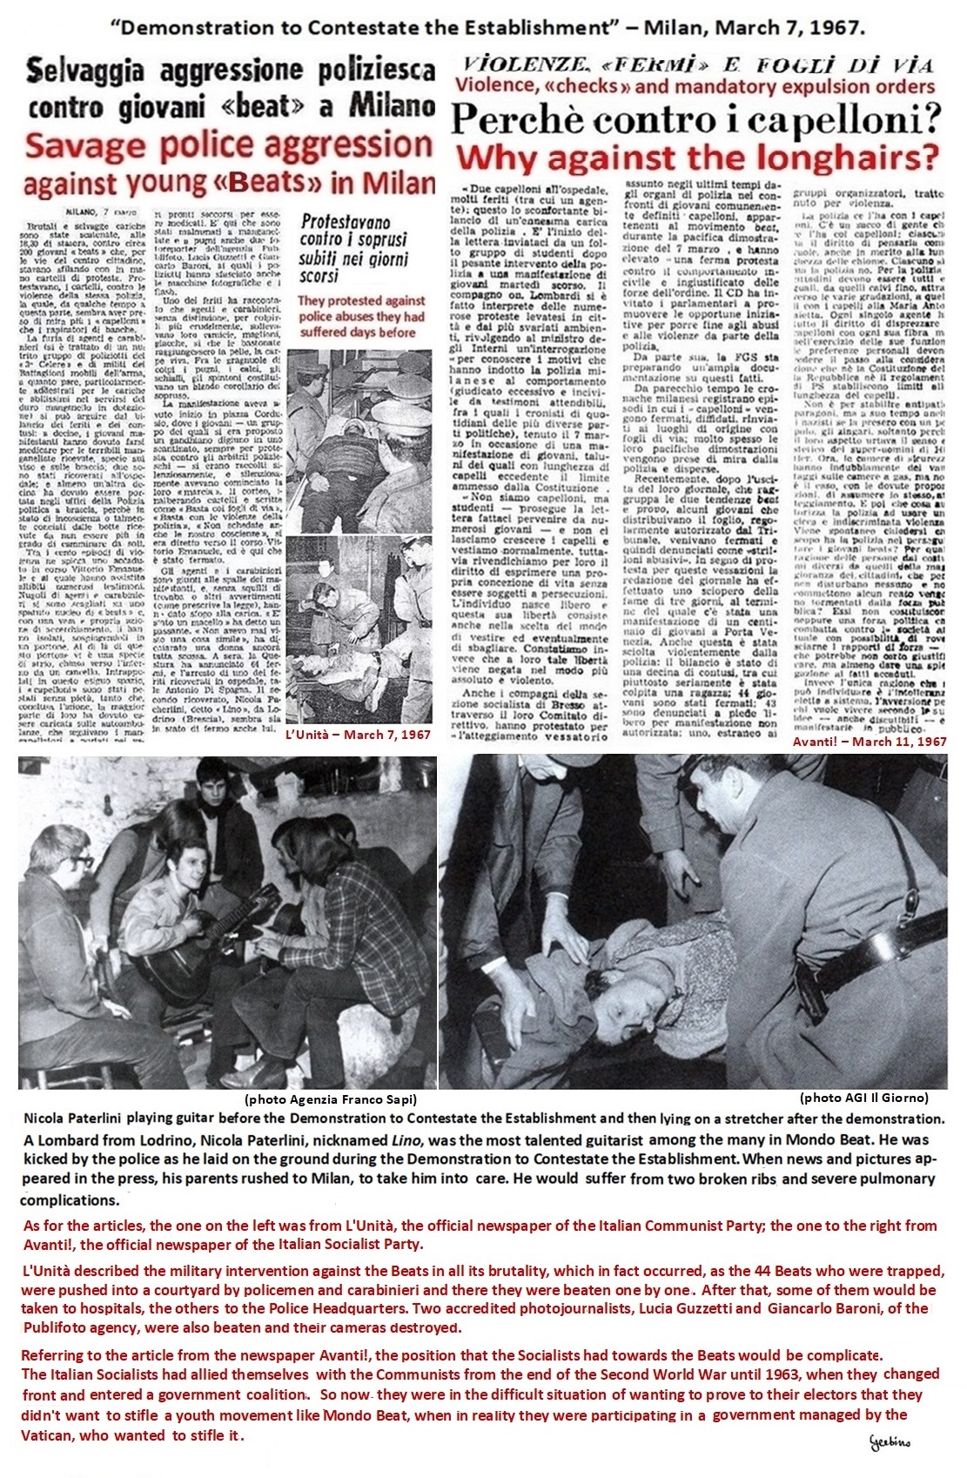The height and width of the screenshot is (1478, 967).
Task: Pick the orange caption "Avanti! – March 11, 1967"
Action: [868, 742]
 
